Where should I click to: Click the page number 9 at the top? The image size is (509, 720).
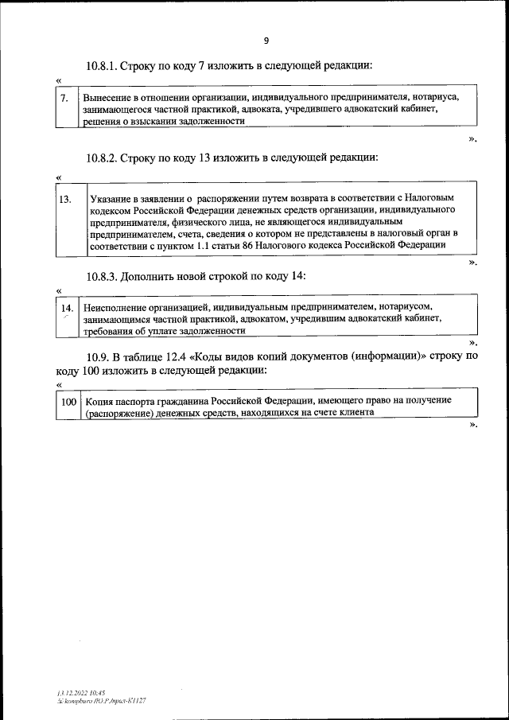click(x=266, y=41)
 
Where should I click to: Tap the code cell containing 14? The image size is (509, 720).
click(x=68, y=308)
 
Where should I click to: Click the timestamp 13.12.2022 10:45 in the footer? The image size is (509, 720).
click(x=71, y=693)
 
